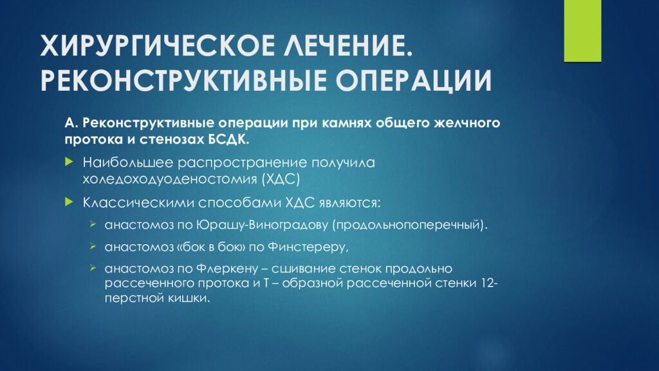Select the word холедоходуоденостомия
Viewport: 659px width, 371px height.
(169, 178)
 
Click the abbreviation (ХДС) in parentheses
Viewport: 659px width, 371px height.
(281, 178)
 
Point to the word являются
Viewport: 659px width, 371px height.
(353, 203)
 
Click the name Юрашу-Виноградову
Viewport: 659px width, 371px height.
(265, 226)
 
